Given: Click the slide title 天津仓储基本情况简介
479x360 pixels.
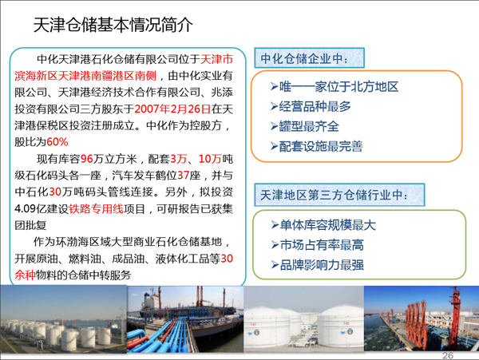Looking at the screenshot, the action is coord(113,25).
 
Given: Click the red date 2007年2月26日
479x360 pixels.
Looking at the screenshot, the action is coord(172,109).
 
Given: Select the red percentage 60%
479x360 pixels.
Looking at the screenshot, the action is coord(57,142).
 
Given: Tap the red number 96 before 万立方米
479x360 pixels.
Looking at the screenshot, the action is coord(86,159).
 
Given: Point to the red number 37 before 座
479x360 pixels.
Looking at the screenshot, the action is coord(184,176).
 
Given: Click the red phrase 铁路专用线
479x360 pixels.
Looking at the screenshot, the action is coord(97,209).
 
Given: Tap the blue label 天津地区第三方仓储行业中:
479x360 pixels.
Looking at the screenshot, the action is coord(334,195).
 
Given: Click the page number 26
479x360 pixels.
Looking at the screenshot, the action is coord(448,355).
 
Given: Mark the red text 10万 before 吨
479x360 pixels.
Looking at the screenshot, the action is coord(210,159).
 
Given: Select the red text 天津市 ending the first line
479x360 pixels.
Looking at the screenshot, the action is coord(216,59).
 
